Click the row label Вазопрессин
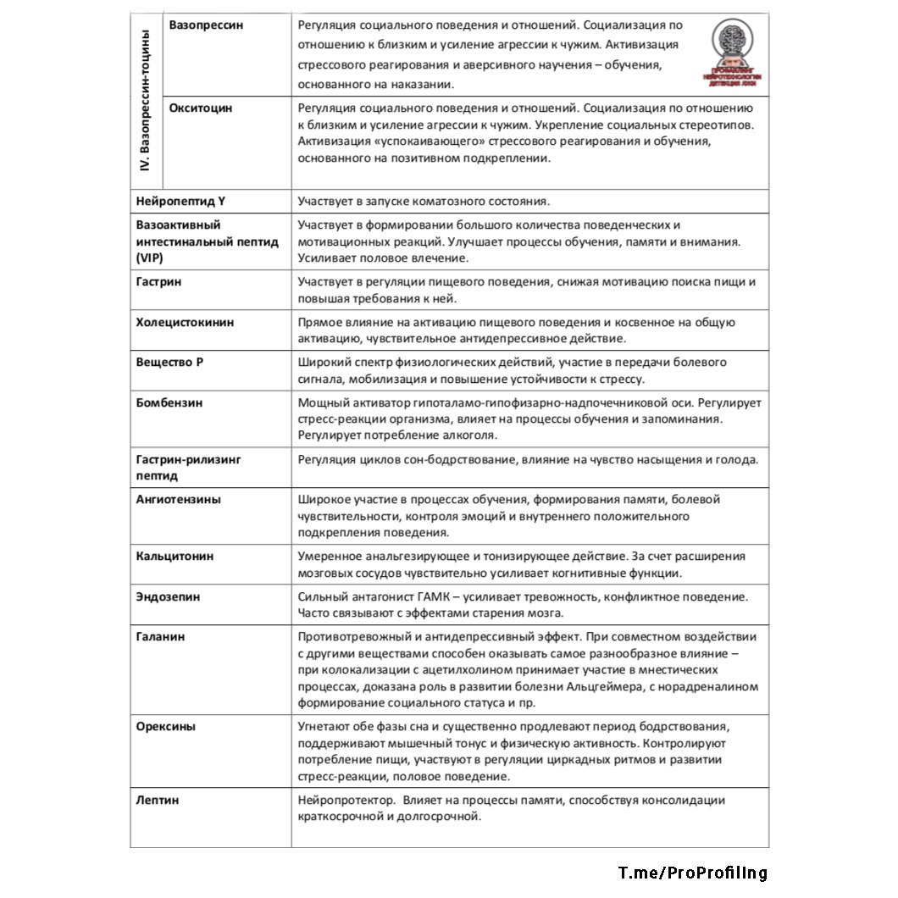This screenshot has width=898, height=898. pos(206,25)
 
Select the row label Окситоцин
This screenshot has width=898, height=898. pos(200,108)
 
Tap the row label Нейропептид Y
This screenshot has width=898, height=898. pos(180,202)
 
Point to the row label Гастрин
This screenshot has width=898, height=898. pos(159,282)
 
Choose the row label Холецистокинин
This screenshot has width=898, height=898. pos(186,323)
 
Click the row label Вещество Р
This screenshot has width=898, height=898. pos(170,363)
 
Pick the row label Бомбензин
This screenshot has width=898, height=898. pos(169,403)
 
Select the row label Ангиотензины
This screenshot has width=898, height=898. pos(179,500)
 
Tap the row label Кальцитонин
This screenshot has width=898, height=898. pos(175,557)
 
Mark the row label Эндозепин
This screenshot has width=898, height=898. pos(169,596)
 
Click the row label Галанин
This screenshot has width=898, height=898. pos(161,636)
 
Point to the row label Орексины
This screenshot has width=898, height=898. pos(166,727)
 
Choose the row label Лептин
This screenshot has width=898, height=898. pos(158,800)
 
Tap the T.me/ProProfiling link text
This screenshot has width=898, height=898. pos(692,873)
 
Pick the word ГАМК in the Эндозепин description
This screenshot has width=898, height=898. pos(430,596)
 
